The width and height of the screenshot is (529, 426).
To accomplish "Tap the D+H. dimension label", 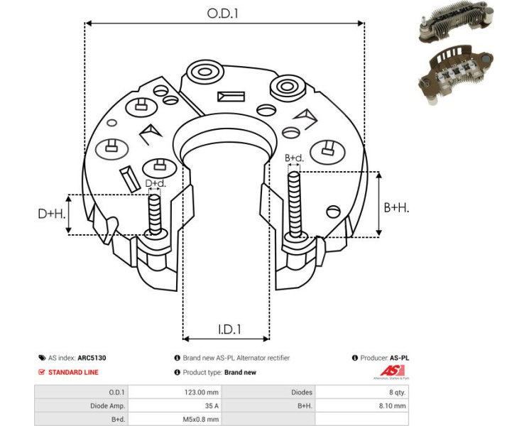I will click(52, 213).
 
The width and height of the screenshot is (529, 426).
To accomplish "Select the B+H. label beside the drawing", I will click(396, 207).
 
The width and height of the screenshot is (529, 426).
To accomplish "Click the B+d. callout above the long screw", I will click(294, 158).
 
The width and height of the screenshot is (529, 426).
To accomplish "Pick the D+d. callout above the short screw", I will click(156, 184).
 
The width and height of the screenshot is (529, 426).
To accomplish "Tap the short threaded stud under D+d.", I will click(156, 213).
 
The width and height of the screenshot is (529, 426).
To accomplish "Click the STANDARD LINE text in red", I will click(73, 372).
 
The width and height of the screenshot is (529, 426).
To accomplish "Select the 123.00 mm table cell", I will click(202, 392).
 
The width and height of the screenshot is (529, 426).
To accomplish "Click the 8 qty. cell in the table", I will click(396, 392).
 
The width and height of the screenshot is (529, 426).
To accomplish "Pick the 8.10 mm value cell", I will click(392, 406).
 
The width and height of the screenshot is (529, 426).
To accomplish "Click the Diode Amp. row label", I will click(107, 406).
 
